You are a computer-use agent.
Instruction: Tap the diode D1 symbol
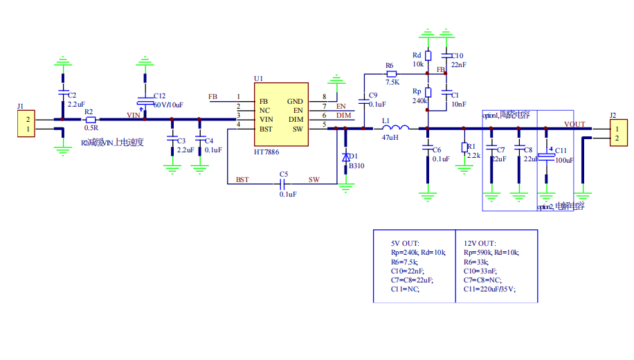(346, 158)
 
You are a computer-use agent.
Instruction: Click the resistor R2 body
(90, 119)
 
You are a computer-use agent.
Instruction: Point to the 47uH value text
(392, 138)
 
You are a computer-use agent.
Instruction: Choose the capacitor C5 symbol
(282, 183)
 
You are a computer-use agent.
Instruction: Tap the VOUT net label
(574, 125)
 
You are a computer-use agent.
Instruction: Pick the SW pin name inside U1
(298, 129)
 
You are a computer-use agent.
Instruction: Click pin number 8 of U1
(324, 97)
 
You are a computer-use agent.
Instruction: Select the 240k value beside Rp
(419, 100)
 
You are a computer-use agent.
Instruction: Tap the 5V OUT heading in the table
(406, 243)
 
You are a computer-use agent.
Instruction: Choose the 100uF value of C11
(565, 160)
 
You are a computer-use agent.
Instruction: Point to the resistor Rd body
(428, 56)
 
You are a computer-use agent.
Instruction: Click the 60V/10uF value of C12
(167, 105)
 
